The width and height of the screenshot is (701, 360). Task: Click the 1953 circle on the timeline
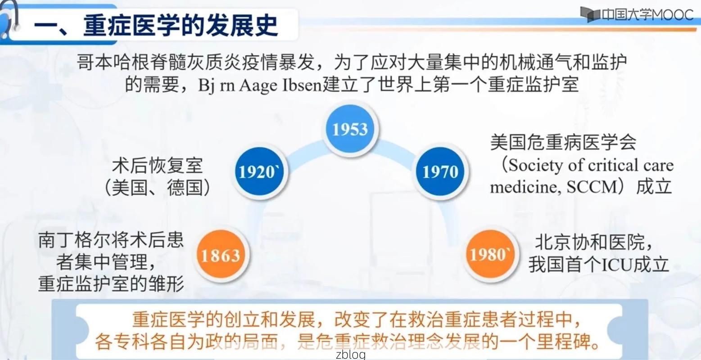pyautogui.click(x=350, y=130)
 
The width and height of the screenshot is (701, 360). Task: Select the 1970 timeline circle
pyautogui.click(x=440, y=171)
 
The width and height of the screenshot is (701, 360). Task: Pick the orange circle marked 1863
pyautogui.click(x=220, y=256)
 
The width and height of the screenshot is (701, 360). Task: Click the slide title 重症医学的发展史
pyautogui.click(x=180, y=24)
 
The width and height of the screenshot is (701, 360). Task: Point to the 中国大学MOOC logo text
pyautogui.click(x=647, y=15)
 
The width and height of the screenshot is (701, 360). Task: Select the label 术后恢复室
pyautogui.click(x=158, y=166)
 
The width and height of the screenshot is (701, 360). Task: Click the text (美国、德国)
pyautogui.click(x=158, y=187)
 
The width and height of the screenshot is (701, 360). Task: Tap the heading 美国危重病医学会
pyautogui.click(x=563, y=143)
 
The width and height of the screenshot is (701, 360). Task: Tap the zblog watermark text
pyautogui.click(x=351, y=355)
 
